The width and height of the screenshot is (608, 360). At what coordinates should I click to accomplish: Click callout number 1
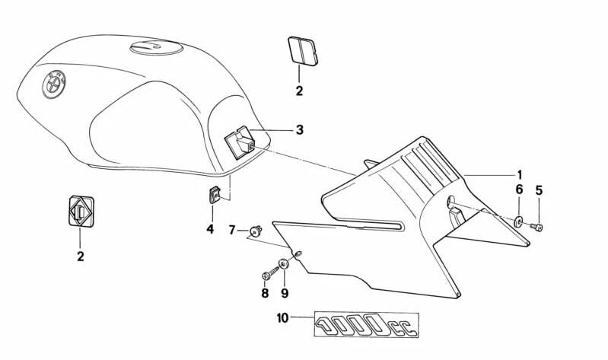point(520,174)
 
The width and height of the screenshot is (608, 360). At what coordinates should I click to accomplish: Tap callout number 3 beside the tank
point(299,130)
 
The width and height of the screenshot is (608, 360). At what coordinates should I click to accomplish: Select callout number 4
point(210,228)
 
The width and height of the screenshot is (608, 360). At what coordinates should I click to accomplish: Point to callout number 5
point(539,190)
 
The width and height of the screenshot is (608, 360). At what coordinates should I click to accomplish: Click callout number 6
point(519,190)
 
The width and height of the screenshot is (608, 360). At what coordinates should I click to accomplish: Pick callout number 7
point(233,229)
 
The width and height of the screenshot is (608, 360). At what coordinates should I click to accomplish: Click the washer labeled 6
point(517,222)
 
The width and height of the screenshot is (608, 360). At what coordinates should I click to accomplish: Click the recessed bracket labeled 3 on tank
point(240,142)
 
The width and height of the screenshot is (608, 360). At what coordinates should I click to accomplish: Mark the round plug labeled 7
point(255,229)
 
